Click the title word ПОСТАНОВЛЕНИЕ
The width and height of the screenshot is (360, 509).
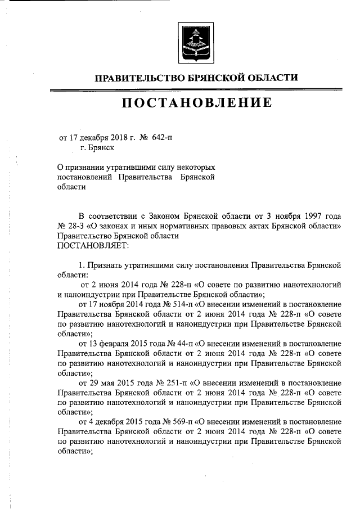click(x=195, y=102)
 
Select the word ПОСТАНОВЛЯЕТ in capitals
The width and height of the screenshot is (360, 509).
click(x=93, y=245)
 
